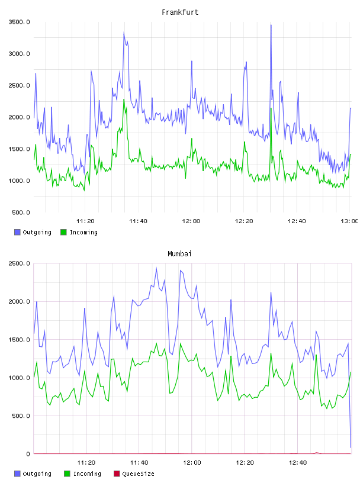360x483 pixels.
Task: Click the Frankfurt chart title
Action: click(x=180, y=12)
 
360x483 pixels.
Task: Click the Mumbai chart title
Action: click(x=179, y=254)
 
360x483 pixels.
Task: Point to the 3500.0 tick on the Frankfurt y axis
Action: click(x=20, y=22)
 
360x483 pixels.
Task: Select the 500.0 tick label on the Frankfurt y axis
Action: click(x=21, y=212)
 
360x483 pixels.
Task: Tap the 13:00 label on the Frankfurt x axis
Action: click(x=349, y=221)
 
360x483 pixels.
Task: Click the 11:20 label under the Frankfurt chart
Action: click(x=85, y=221)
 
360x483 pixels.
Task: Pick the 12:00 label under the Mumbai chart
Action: click(x=192, y=463)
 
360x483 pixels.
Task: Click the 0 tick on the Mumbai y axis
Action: click(x=28, y=454)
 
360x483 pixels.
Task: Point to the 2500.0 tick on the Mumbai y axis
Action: click(x=20, y=263)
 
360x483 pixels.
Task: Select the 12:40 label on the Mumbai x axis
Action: click(x=298, y=463)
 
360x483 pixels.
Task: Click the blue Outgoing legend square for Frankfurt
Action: click(x=17, y=232)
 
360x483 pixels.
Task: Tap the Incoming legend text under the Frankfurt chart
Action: click(x=83, y=233)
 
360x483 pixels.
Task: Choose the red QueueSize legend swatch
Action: click(x=117, y=474)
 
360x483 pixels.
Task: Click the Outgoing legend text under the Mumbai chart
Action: click(x=37, y=474)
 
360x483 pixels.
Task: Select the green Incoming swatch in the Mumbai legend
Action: click(x=67, y=474)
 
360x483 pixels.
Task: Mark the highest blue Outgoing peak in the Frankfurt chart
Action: click(x=271, y=25)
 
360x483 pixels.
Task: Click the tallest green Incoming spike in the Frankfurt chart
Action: click(x=124, y=99)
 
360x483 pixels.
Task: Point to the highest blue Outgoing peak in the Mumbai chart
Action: click(x=156, y=268)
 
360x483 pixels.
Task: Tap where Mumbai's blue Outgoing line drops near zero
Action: click(x=351, y=447)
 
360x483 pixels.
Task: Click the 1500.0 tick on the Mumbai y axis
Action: click(x=20, y=340)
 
